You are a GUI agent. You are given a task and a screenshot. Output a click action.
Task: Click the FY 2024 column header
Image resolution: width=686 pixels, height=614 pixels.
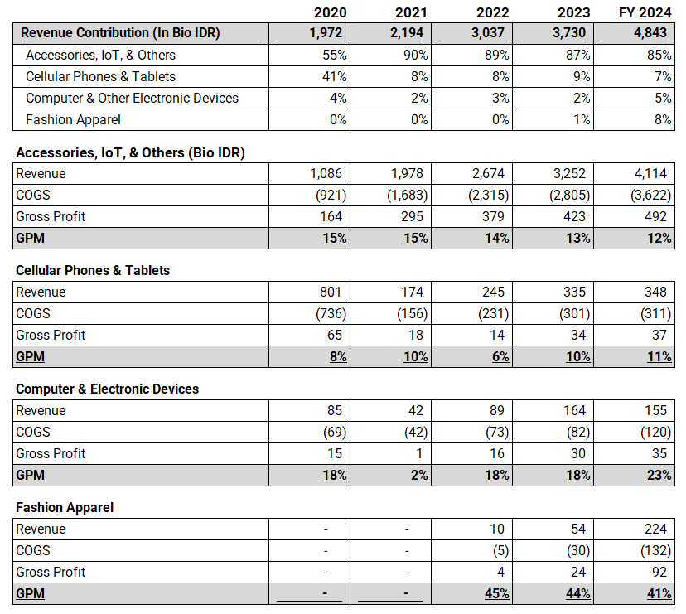[x=644, y=12]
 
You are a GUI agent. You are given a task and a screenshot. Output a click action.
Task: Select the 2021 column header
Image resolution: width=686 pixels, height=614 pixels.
[x=412, y=12]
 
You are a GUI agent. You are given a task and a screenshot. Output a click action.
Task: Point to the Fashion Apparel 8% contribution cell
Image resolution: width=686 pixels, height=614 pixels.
[x=664, y=119]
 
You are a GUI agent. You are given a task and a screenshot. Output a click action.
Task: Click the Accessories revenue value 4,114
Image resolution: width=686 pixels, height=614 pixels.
[x=652, y=174]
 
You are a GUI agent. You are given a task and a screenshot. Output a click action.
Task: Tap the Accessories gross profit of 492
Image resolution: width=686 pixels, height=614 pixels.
[x=655, y=217]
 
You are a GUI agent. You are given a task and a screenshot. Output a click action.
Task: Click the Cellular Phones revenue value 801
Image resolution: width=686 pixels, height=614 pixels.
[x=331, y=292]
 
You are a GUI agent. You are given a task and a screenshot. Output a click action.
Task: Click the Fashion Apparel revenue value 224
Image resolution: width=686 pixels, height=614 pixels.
[x=655, y=529]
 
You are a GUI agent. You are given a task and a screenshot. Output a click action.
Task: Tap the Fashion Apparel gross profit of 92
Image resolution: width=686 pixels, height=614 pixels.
[x=659, y=573]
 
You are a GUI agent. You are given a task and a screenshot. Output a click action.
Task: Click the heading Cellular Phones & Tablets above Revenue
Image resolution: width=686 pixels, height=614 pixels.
[x=93, y=271]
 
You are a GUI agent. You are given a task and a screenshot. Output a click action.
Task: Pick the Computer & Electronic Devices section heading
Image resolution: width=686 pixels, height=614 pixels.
[x=107, y=389]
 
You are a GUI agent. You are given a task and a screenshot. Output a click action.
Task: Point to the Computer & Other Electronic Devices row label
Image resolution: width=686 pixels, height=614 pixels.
[x=133, y=98]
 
